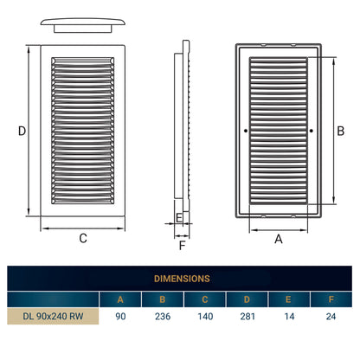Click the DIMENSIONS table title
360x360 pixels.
pos(182,279)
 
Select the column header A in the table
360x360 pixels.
pos(120,299)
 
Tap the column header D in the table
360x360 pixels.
pos(247,299)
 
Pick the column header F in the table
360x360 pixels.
pos(331,299)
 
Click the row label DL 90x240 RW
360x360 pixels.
pos(53,316)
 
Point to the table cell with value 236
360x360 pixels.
pos(163,317)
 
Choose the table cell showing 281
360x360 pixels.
pos(247,317)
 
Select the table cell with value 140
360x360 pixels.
pos(205,317)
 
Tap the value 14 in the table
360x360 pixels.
pos(289,317)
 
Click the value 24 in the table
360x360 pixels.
pos(331,317)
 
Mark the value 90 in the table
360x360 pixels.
pos(120,317)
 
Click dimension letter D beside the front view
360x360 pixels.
pos(22,131)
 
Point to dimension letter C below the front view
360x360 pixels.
pos(83,238)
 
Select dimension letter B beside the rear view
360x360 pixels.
pos(341,131)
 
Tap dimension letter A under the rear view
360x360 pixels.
pos(279,239)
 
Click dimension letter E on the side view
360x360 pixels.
pos(179,218)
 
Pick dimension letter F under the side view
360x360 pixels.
pos(182,246)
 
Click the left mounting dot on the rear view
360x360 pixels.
pos(246,131)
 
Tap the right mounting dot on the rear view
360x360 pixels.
pos(312,131)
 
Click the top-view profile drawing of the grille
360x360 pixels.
pos(83,25)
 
